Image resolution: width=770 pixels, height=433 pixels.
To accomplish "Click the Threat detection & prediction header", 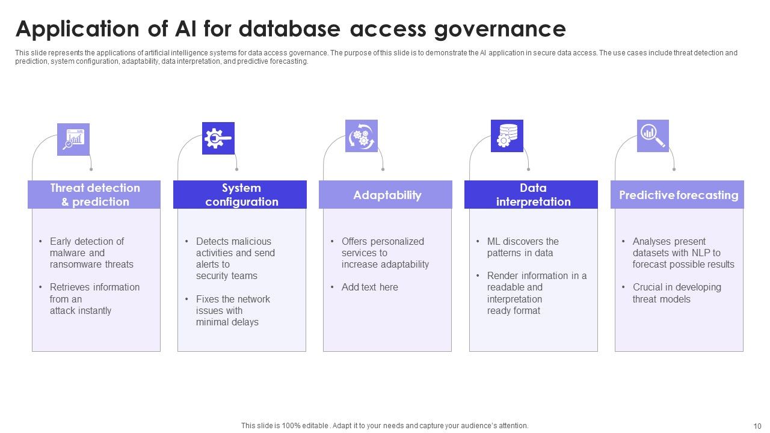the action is tap(94, 195).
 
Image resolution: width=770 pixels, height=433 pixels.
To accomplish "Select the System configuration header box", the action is tap(240, 195).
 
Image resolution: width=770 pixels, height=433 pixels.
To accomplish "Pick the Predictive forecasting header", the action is tap(677, 195).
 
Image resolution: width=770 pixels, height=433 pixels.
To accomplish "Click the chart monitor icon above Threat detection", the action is tap(73, 140).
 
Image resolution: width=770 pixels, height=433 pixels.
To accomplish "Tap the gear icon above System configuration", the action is tap(218, 138).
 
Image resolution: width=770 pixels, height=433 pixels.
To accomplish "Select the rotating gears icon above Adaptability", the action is tap(362, 136).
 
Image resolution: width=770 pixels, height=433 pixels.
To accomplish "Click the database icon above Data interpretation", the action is tap(507, 136).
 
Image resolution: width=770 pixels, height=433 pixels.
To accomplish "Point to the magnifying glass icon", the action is tap(653, 136).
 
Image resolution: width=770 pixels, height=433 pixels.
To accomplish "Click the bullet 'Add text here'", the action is tap(369, 287).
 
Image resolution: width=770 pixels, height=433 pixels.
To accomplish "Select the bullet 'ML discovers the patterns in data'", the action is tap(522, 247).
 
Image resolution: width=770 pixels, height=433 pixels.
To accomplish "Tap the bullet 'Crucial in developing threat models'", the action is tap(676, 293).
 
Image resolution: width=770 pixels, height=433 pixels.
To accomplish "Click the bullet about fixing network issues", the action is tap(232, 310).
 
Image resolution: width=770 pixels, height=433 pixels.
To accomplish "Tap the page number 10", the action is tap(757, 426).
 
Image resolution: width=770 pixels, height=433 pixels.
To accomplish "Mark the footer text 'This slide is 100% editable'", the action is tap(284, 426).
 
